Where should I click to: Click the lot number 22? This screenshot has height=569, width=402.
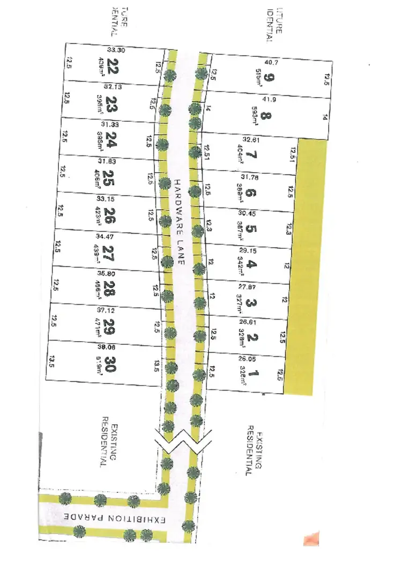pyautogui.click(x=112, y=68)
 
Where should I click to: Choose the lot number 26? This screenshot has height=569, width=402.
pyautogui.click(x=111, y=217)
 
